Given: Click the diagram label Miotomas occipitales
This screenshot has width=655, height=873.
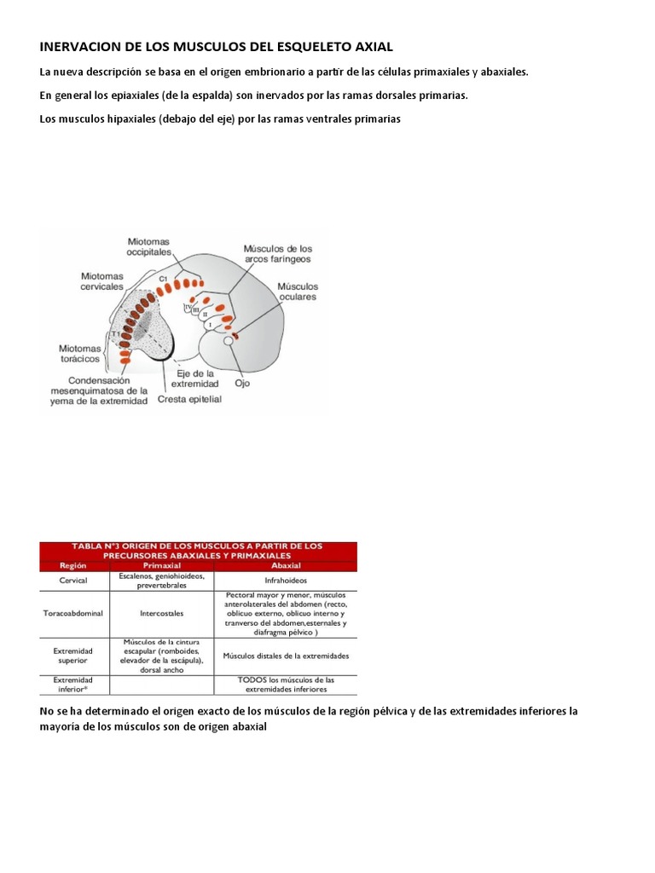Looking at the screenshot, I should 150,247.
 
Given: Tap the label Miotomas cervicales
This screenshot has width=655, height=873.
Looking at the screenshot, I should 103,281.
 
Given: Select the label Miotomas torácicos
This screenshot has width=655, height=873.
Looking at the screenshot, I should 82,353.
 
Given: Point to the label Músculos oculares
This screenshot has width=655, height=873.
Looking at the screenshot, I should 297,292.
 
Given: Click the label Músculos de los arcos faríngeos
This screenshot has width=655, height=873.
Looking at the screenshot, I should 277,252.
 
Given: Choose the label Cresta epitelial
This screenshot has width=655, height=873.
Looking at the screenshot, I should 189,398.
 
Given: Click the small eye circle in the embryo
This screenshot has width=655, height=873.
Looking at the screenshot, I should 227,341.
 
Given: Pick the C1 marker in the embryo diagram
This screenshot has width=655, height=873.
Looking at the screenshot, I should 163,279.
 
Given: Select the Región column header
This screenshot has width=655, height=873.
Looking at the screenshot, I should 72,564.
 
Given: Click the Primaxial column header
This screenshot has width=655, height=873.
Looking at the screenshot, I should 161,564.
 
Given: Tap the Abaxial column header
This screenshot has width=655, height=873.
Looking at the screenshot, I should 286,564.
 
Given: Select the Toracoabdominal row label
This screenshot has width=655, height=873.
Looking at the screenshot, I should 72,612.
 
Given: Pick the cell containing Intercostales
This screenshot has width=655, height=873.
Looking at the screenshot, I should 161,612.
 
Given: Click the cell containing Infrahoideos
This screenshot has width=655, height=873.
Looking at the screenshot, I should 286,581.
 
